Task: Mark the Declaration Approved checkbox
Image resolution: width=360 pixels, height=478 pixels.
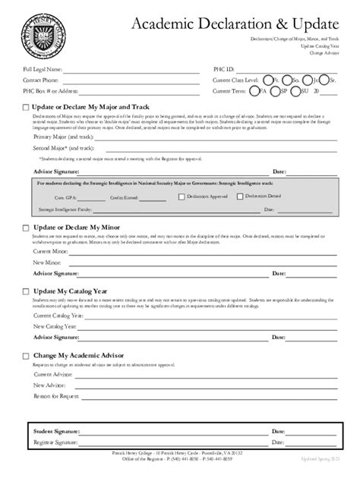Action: tap(180, 196)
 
